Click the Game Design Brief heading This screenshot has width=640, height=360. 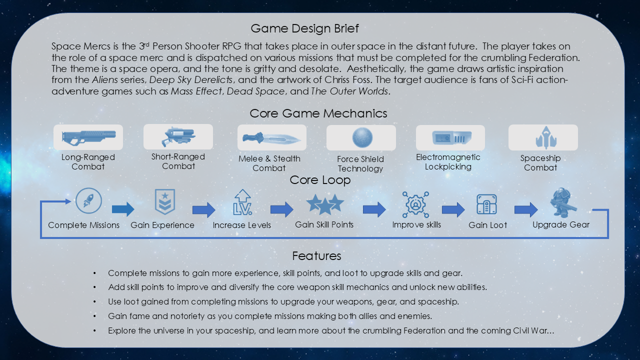point(304,28)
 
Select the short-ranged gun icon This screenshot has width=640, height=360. point(178,136)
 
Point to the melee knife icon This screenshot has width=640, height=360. point(271,138)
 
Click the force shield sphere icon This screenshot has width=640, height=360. point(362,137)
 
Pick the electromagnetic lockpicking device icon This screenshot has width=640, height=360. point(450,137)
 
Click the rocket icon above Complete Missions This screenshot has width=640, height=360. point(88,201)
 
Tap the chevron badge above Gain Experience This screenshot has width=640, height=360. point(165,202)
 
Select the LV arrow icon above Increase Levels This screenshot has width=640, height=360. point(242,202)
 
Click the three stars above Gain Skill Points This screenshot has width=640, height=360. point(325,203)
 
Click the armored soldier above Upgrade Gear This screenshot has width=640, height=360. point(561,202)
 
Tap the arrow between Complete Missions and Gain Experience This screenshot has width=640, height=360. point(122,209)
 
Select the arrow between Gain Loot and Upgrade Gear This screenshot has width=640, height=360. point(525,209)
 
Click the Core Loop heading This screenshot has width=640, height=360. point(320,180)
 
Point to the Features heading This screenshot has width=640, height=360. point(316,256)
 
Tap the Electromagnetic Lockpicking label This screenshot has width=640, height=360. point(448,161)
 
